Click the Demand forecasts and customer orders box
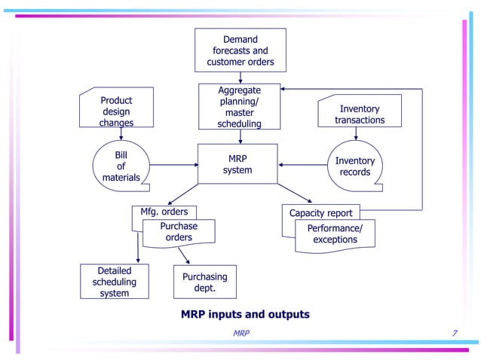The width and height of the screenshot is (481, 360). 240,50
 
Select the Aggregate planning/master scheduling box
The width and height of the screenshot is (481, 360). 240,107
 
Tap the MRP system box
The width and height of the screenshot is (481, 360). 237,164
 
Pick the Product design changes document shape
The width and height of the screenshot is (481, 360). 116,111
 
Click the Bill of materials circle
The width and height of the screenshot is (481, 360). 121,166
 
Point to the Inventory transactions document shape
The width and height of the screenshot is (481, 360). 360,114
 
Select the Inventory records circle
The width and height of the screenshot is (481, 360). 354,166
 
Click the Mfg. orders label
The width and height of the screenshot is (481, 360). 164,212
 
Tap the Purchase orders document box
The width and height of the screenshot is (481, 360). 179,232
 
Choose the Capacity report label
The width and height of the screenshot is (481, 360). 321,212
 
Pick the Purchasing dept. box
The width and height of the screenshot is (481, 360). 204,282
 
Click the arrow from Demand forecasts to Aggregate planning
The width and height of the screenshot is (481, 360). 240,76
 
